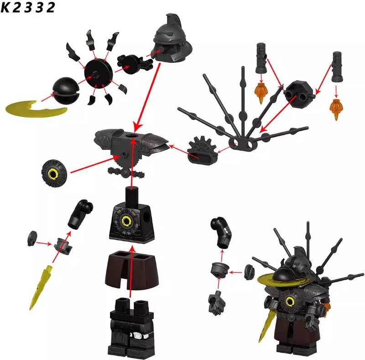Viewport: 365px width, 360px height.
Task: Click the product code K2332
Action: point(28,7)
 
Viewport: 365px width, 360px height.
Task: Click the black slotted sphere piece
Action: point(66,91)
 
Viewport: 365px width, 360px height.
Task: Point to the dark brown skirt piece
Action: point(132,270)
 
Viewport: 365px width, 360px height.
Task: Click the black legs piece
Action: point(131,328)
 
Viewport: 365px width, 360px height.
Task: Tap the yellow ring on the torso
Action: point(127,221)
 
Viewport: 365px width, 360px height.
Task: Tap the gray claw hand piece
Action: point(217,303)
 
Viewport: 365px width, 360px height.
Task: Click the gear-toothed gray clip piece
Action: point(203,151)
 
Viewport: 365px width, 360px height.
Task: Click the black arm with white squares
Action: point(221,232)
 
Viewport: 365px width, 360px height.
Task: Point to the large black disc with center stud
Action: point(99,73)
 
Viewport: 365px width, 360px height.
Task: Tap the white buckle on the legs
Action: point(139,335)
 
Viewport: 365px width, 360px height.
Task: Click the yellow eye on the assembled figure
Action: point(290,302)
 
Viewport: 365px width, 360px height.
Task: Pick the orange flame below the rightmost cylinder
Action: point(336,109)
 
